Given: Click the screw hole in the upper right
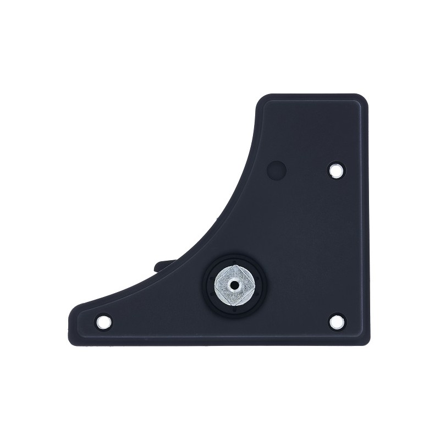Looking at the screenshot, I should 334,170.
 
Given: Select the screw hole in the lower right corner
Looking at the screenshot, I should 334,321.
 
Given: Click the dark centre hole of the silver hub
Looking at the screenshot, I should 235,284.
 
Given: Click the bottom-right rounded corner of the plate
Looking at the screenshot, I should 363,340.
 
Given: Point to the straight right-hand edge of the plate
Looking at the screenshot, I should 367,220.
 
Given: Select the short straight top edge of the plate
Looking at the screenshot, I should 313,95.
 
